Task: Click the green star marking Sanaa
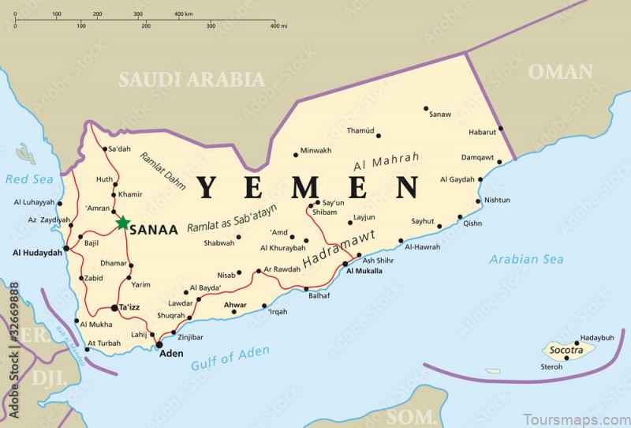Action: (x=123, y=223)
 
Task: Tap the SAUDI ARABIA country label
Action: (x=192, y=79)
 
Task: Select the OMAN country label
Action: (x=560, y=72)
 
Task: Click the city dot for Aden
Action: (x=159, y=344)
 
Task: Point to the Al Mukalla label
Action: (x=364, y=271)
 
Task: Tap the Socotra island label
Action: (x=566, y=349)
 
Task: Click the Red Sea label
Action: (x=29, y=179)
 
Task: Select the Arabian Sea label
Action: (x=526, y=259)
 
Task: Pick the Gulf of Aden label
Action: (x=230, y=358)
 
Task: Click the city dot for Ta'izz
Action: (x=115, y=308)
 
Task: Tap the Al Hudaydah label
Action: (x=36, y=253)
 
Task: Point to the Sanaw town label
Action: (x=440, y=115)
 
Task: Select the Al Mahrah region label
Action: (x=386, y=161)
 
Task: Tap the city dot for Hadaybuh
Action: (x=577, y=344)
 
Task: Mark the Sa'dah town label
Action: (x=119, y=148)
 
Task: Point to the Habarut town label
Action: (x=483, y=132)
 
